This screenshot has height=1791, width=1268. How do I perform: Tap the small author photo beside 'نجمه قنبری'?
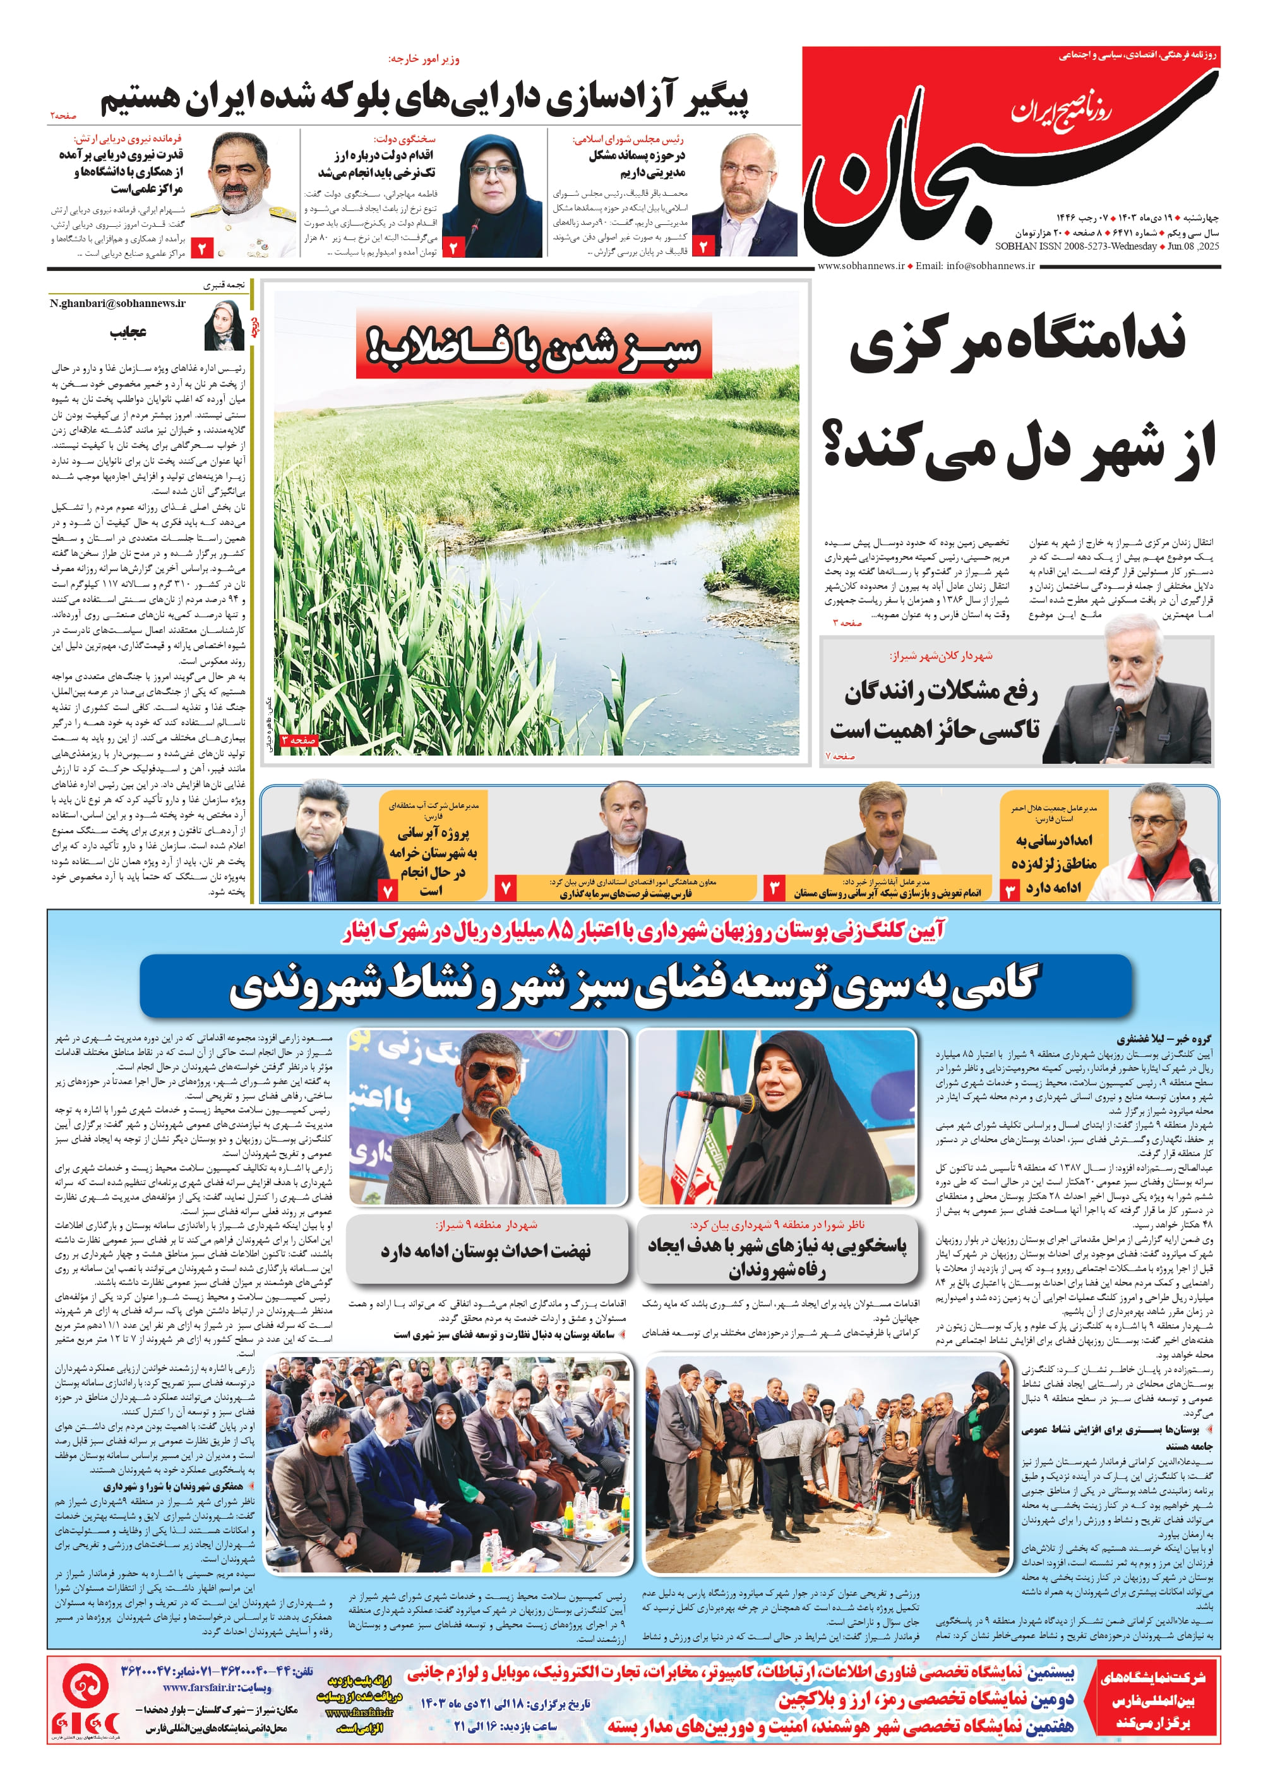pyautogui.click(x=224, y=325)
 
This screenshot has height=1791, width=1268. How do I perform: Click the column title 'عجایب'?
pyautogui.click(x=128, y=332)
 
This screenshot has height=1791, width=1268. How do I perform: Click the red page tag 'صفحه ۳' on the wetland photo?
pyautogui.click(x=300, y=740)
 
